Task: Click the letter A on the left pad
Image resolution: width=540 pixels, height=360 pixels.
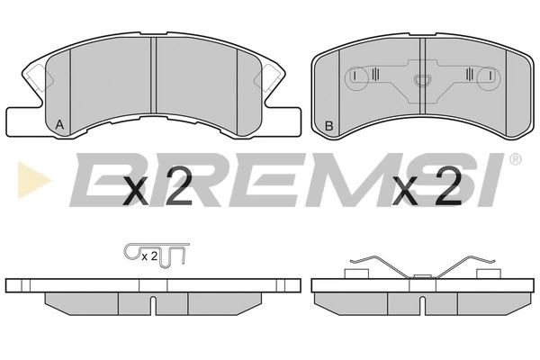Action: tap(59, 124)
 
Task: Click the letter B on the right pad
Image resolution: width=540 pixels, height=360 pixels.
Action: tap(329, 126)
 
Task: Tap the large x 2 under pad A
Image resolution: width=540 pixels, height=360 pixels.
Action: tap(157, 186)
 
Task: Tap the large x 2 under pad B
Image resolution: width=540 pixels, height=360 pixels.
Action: tap(427, 186)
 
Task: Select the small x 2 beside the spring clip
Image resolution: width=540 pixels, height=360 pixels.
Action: tap(149, 256)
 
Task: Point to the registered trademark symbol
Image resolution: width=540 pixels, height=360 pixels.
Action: tap(515, 159)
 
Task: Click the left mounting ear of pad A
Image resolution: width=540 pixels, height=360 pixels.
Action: tap(22, 121)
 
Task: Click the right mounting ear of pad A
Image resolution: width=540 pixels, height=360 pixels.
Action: tap(283, 121)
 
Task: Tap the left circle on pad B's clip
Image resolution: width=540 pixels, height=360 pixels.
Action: tap(356, 79)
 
